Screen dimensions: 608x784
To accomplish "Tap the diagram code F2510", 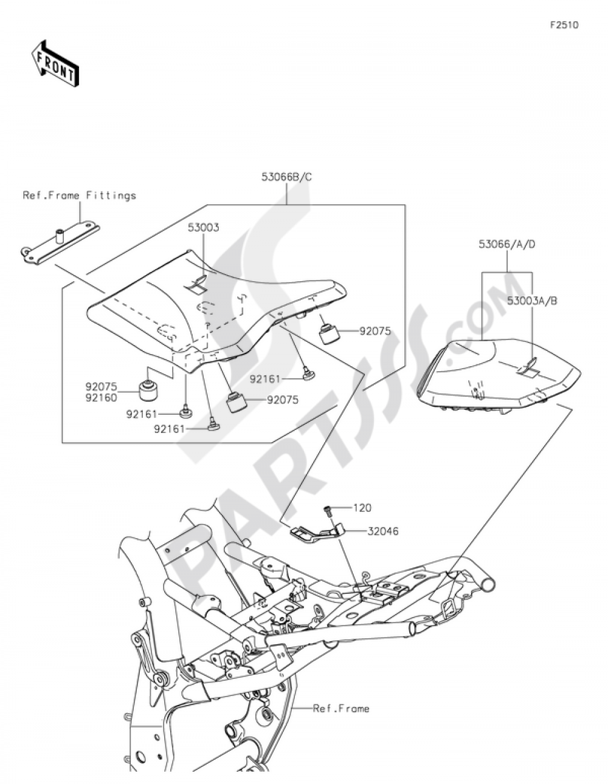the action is click(x=564, y=25).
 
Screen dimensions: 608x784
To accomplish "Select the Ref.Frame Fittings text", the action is click(x=80, y=196).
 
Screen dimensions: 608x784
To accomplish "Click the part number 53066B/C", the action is click(x=287, y=177).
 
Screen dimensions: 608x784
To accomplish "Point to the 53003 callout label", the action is click(x=203, y=228).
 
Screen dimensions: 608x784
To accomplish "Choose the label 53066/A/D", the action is click(x=507, y=244).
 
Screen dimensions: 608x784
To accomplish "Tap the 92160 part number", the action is click(x=102, y=398).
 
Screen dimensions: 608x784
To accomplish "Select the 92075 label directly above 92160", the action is click(x=102, y=387).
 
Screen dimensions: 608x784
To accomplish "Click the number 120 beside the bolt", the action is click(x=362, y=508).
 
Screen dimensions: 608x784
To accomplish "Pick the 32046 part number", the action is click(x=383, y=531).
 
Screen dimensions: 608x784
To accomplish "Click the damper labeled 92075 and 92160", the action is click(x=149, y=390).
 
